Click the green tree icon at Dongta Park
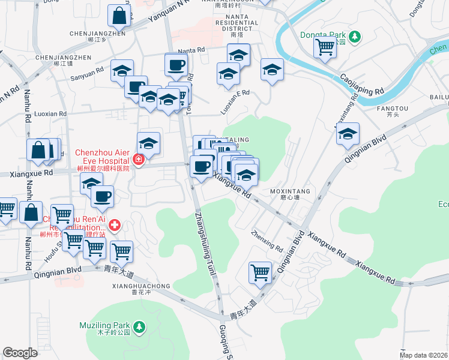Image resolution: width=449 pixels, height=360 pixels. click(x=355, y=37)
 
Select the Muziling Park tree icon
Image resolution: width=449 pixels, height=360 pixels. click(x=139, y=327)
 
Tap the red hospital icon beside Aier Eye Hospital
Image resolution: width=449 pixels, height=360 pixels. click(x=139, y=160)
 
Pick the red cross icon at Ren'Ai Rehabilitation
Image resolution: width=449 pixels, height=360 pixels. click(x=114, y=226)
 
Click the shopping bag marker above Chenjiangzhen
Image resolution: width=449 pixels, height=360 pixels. click(x=119, y=16)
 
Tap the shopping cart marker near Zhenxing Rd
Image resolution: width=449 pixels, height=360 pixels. click(x=260, y=272)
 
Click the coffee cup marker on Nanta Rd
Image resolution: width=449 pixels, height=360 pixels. click(x=176, y=64)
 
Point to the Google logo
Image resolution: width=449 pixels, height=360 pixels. click(x=20, y=353)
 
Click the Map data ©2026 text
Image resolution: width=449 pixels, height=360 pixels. click(x=424, y=355)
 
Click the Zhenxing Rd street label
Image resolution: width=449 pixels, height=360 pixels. click(x=267, y=241)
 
